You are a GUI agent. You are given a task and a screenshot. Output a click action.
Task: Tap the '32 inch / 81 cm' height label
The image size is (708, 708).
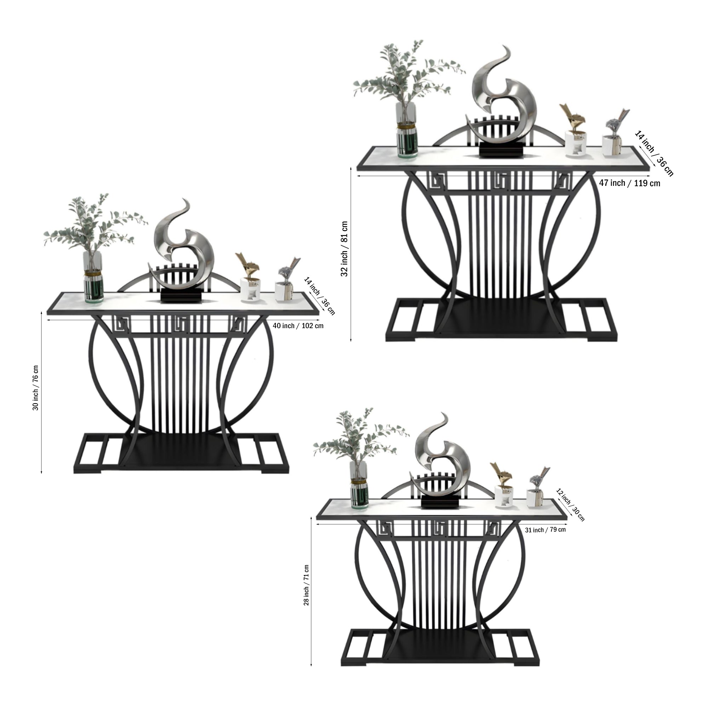344,249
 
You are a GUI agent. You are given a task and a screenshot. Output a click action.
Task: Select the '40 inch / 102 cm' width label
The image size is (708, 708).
298,325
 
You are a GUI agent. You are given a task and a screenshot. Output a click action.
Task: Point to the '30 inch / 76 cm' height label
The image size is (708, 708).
35,387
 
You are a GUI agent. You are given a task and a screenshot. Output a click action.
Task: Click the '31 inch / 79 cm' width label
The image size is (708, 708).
545,530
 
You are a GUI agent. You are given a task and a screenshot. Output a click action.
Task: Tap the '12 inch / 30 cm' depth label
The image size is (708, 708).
570,504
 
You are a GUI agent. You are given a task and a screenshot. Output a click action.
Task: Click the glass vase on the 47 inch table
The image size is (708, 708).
407,130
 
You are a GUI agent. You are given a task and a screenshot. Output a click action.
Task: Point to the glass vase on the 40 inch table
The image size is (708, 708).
93,277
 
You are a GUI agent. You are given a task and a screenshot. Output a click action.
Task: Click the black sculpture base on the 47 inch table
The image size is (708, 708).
502,150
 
